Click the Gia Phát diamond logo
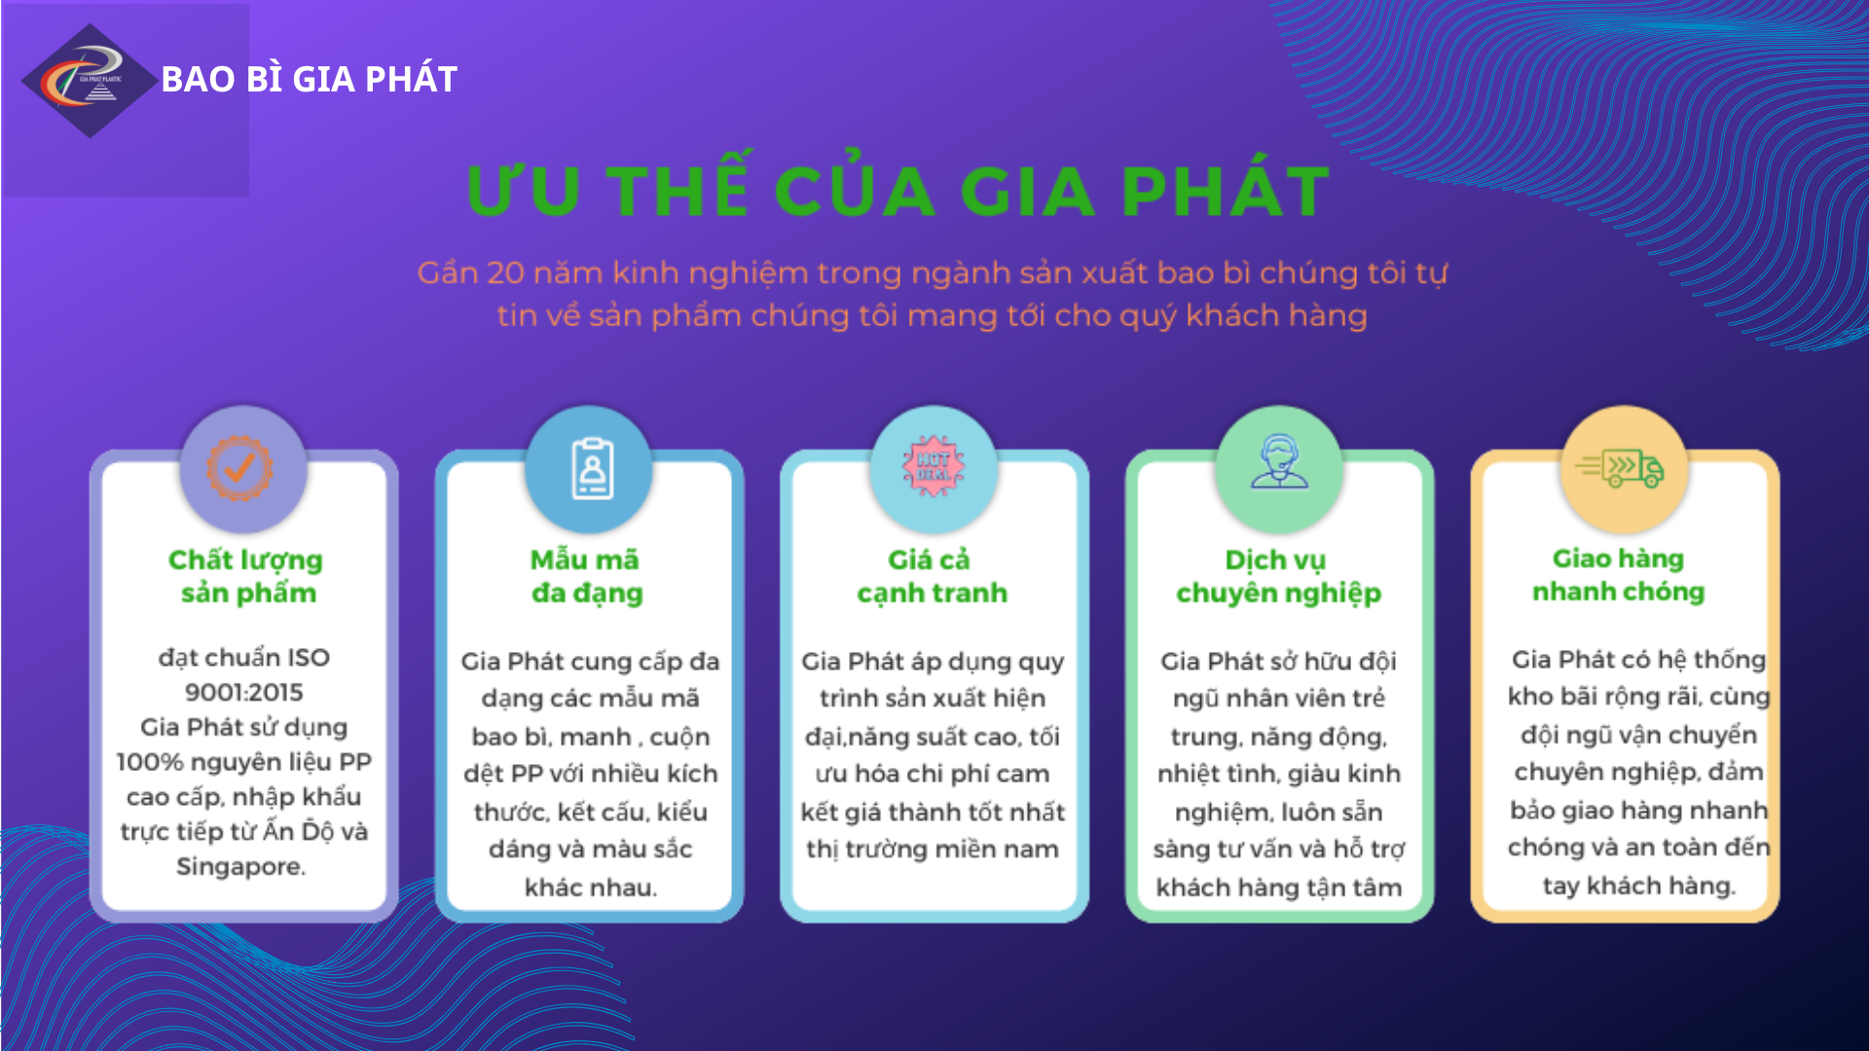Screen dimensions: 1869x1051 pos(90,81)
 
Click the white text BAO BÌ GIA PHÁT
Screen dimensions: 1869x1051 pos(310,79)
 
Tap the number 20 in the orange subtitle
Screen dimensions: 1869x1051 pos(505,272)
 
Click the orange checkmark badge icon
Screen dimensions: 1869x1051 pos(239,468)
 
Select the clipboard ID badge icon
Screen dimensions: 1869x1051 pos(592,469)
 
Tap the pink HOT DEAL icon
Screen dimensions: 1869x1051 pos(934,465)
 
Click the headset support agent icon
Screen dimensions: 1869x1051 pos(1279,461)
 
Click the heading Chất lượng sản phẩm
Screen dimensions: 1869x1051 pos(246,576)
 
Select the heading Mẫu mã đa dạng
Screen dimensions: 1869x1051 pos(586,576)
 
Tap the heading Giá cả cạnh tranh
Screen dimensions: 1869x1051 pos(932,576)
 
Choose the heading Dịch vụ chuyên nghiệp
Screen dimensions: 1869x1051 pos(1278,576)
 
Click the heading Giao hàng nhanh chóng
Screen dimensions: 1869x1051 pos(1618,575)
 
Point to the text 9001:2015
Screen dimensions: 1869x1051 pos(244,692)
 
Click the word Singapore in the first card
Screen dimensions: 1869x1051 pos(240,866)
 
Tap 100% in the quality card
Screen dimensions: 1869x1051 pos(149,762)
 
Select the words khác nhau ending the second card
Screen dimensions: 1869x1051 pos(591,888)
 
